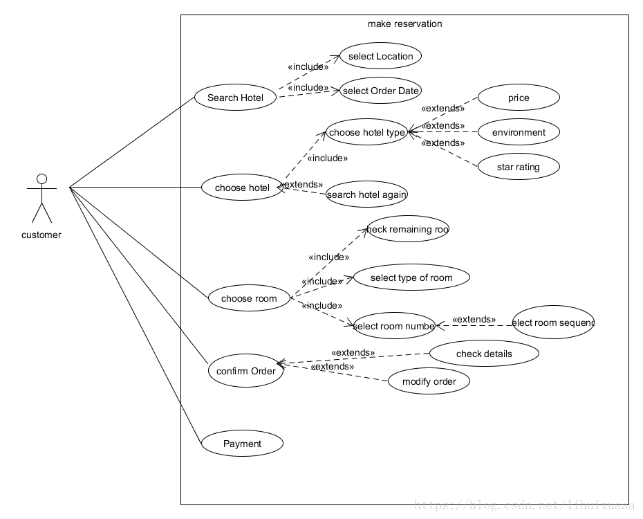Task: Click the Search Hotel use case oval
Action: (x=236, y=98)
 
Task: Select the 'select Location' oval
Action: (x=380, y=56)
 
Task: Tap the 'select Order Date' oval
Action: (x=380, y=91)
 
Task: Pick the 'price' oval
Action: (x=519, y=98)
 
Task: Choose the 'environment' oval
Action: (x=519, y=132)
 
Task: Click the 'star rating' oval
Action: (x=519, y=167)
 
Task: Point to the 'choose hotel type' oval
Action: (x=366, y=132)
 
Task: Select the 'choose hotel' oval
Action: (x=242, y=188)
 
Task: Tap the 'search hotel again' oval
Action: (x=366, y=194)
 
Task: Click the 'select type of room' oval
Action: (x=411, y=277)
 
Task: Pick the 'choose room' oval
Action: (x=249, y=298)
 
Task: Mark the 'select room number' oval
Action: (x=394, y=326)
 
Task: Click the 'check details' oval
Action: (x=484, y=354)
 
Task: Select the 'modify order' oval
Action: (x=429, y=381)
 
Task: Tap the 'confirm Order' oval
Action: (x=246, y=371)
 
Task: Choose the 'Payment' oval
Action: (x=242, y=444)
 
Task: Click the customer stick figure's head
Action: (x=41, y=180)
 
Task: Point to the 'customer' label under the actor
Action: (x=41, y=235)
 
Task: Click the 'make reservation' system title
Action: (x=404, y=24)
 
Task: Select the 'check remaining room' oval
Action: (x=408, y=229)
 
